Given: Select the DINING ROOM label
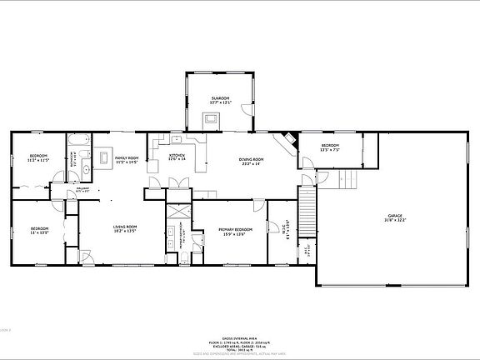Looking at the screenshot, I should tap(252, 161).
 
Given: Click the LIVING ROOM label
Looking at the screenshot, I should tap(125, 228).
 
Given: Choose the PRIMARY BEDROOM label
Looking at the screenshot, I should tap(236, 231).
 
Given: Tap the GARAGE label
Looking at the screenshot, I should tap(394, 218).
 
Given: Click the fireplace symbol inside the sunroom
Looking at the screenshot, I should tap(212, 119).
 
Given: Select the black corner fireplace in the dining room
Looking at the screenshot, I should tap(287, 142).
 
